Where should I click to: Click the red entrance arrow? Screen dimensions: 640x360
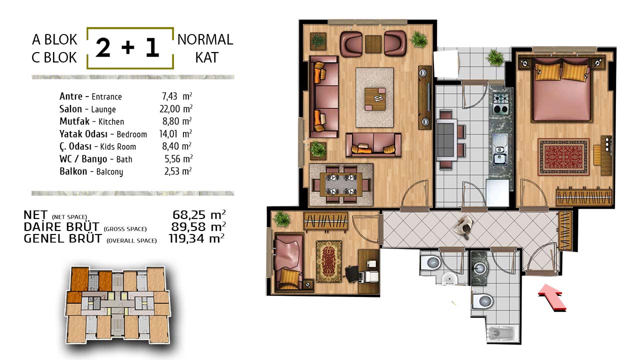click(552, 297)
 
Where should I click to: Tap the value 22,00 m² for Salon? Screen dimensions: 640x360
click(176, 109)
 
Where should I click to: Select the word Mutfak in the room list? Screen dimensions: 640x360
click(74, 121)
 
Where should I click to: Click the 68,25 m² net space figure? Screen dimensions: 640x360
click(199, 214)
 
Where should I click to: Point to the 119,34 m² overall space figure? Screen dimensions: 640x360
click(196, 238)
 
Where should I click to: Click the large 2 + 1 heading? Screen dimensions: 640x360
click(127, 47)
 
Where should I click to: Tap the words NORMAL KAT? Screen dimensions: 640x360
click(205, 48)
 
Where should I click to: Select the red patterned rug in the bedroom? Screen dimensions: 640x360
click(563, 157)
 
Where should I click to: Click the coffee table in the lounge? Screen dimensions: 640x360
click(375, 99)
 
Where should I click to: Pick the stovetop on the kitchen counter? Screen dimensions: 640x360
click(501, 103)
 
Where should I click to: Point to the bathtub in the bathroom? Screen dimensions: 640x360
click(501, 333)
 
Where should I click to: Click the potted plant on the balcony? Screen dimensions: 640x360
click(495, 57)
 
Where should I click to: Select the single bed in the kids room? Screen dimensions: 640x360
click(288, 262)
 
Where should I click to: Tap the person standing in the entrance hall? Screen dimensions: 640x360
click(463, 227)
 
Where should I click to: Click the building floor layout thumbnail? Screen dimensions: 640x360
click(117, 305)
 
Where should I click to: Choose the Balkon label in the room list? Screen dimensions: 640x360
click(73, 171)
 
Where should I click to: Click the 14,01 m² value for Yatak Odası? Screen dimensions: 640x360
click(175, 133)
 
